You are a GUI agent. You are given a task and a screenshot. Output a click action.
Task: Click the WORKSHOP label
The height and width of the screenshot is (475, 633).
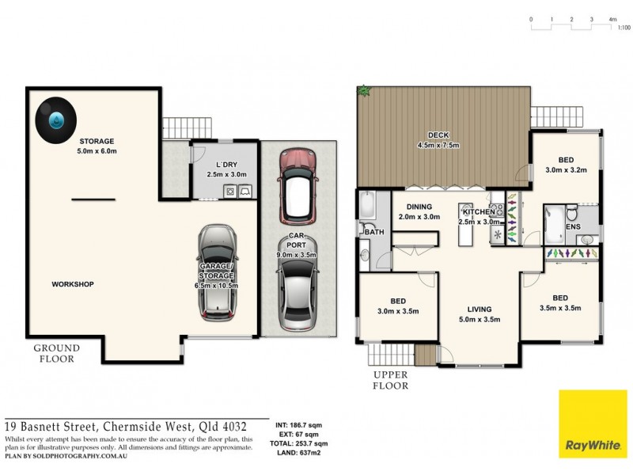pos(73,284)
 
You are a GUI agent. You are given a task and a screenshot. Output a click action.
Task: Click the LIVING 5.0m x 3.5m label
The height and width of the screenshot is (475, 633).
pos(479,314)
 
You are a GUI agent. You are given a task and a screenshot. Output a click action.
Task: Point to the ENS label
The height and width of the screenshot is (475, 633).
pos(573,226)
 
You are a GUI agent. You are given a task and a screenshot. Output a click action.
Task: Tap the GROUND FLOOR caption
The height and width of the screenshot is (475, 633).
pos(56,353)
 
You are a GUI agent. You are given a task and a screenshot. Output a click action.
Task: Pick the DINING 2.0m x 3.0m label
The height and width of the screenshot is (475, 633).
pos(419,211)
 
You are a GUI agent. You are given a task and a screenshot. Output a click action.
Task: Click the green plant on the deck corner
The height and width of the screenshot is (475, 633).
pos(365,92)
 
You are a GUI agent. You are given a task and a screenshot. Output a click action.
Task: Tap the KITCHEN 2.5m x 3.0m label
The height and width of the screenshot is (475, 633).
pos(479,217)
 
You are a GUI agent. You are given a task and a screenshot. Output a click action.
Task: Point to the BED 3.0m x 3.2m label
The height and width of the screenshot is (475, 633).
pos(564,164)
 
